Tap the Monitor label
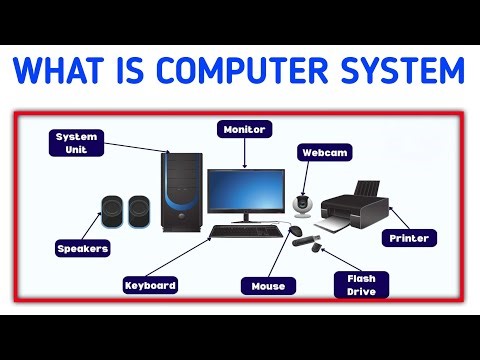[243, 129]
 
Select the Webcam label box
[319, 153]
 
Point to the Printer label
[410, 239]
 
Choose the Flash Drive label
[360, 284]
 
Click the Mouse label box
[268, 286]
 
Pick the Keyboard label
[150, 285]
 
